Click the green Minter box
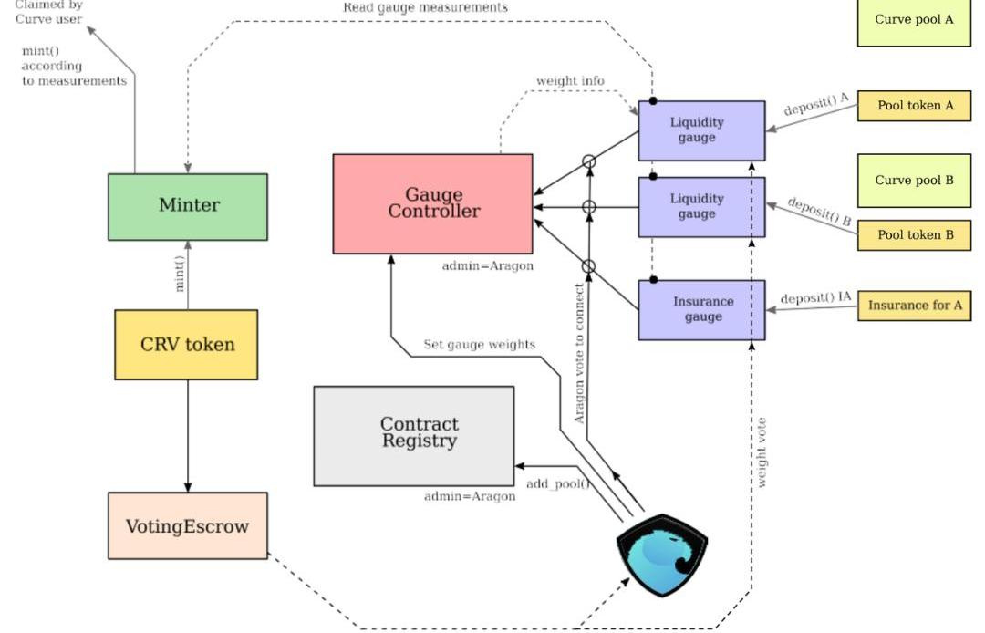188,206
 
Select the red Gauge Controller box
433,203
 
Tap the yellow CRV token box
186,344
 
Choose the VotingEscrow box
188,525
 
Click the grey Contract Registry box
414,435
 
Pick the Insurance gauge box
701,310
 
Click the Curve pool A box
914,20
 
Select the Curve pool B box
914,180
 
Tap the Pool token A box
915,106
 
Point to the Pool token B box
915,234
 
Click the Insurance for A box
915,306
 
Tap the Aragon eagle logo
663,555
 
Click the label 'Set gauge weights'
479,345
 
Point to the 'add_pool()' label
557,483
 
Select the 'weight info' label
570,81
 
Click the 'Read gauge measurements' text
425,7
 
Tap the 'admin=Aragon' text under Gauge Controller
487,266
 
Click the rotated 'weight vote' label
762,452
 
